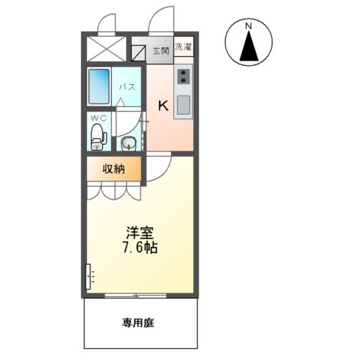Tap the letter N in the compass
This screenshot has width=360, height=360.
pyautogui.click(x=247, y=28)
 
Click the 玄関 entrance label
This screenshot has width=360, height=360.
pyautogui.click(x=160, y=51)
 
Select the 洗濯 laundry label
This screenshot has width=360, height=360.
pyautogui.click(x=183, y=49)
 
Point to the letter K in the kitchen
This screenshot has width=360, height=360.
pyautogui.click(x=162, y=106)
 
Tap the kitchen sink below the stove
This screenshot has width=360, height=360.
pyautogui.click(x=183, y=104)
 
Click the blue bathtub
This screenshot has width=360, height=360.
pyautogui.click(x=99, y=87)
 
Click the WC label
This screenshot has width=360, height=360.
pyautogui.click(x=97, y=118)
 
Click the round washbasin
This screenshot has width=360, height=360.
pyautogui.click(x=128, y=142)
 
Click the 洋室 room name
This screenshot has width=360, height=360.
pyautogui.click(x=141, y=232)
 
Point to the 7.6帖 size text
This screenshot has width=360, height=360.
pyautogui.click(x=141, y=247)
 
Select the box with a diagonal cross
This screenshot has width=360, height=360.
pyautogui.click(x=106, y=49)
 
